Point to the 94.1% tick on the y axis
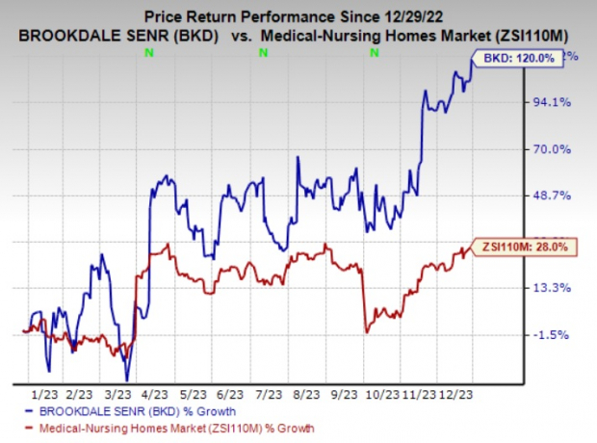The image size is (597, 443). (x=560, y=102)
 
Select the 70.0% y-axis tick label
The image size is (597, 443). (x=560, y=149)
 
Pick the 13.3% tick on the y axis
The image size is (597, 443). (x=560, y=288)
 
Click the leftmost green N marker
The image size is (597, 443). (x=147, y=54)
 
